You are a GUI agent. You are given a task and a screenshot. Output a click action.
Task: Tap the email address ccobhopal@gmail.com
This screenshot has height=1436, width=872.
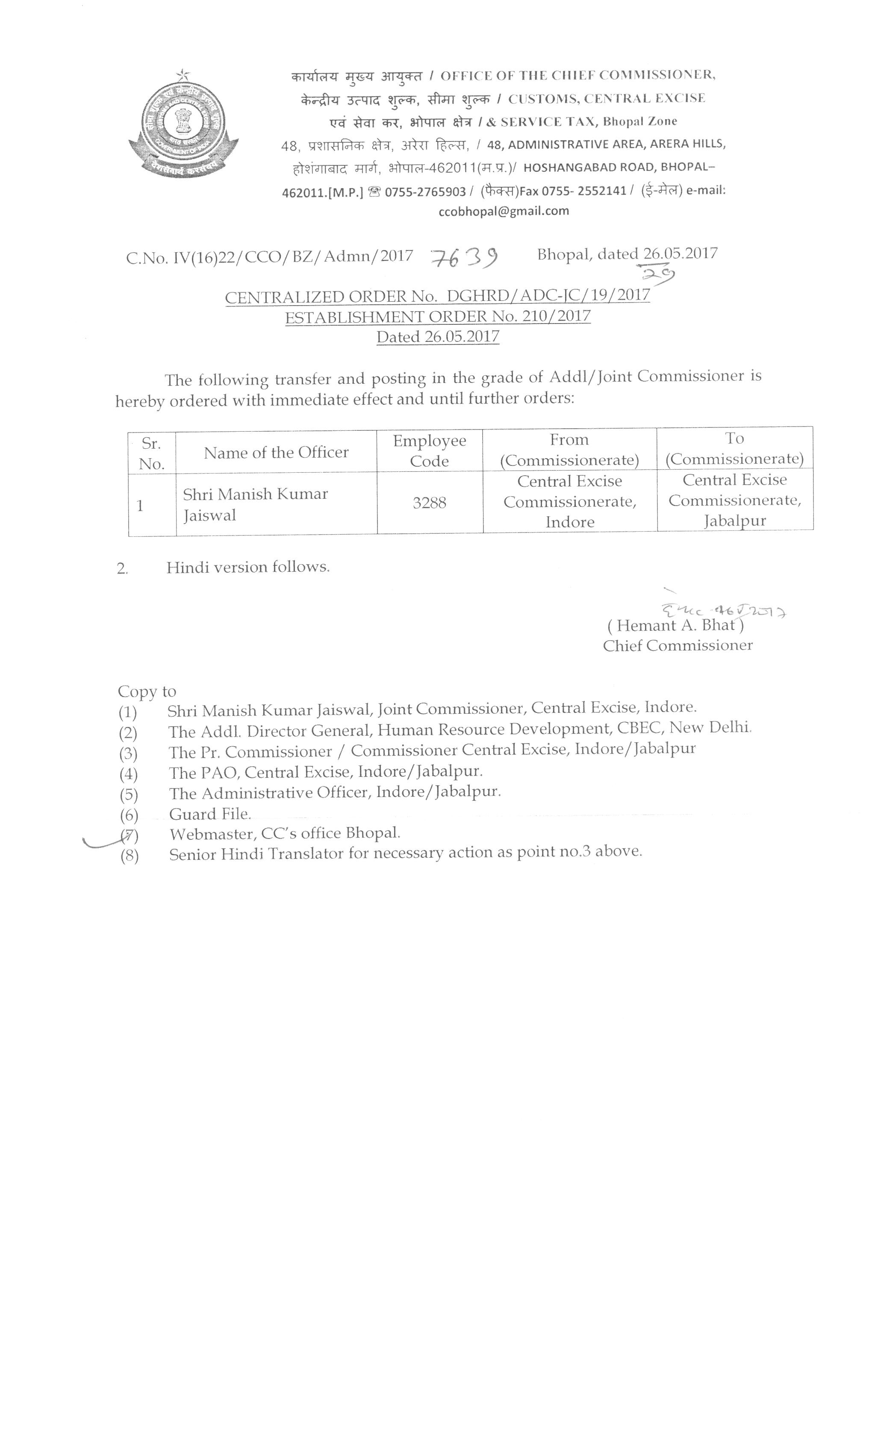pos(504,212)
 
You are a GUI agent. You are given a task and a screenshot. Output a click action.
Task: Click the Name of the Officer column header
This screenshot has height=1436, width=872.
pos(276,452)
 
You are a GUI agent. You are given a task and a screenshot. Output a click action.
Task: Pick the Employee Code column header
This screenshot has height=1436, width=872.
pos(429,451)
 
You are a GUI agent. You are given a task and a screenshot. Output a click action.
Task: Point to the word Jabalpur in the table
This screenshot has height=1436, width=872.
pos(734,521)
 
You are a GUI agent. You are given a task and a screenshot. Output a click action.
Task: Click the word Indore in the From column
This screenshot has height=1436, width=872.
pos(569,522)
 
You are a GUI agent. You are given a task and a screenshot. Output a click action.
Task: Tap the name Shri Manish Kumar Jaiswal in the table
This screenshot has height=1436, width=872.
pos(255,505)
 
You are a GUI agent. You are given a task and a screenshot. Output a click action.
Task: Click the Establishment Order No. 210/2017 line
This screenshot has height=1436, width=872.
pos(437,316)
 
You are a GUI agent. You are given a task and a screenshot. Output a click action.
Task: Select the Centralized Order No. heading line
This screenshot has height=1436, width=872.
pos(437,296)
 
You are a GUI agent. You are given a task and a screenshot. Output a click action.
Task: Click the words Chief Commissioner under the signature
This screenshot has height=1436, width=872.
pos(678,646)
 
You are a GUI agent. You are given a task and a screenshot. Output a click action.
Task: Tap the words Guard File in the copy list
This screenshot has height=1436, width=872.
pos(210,814)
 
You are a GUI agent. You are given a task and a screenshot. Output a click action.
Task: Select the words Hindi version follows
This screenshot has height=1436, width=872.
pos(248,567)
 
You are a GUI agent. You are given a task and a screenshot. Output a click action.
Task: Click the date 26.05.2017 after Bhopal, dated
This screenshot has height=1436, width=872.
pos(680,253)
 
